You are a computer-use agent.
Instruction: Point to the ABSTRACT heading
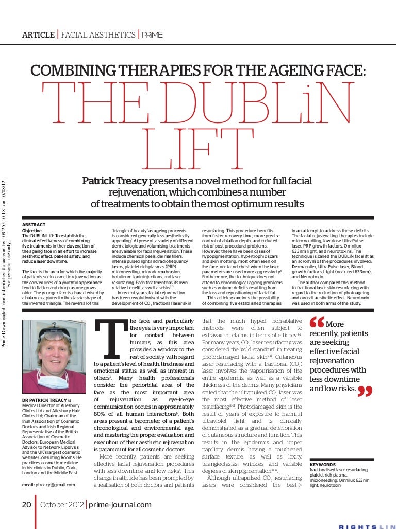pyautogui.click(x=34, y=225)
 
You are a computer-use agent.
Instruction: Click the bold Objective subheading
pyautogui.click(x=32, y=231)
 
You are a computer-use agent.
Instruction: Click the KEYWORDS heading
pyautogui.click(x=323, y=464)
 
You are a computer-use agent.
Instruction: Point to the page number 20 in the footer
pyautogui.click(x=26, y=505)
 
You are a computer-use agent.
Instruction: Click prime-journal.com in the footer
pyautogui.click(x=120, y=505)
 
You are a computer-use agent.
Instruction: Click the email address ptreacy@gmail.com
pyautogui.click(x=48, y=484)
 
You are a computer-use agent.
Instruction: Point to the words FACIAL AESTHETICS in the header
pyautogui.click(x=98, y=35)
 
